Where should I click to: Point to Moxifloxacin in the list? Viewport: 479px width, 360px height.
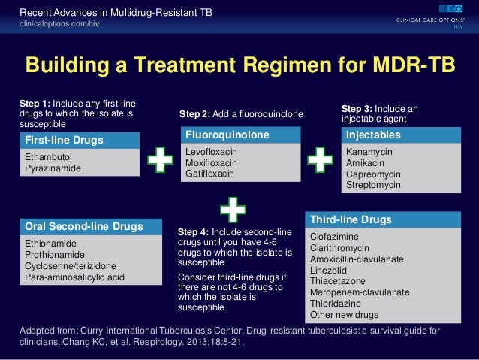tap(211, 162)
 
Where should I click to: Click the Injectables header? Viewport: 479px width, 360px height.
tap(373, 135)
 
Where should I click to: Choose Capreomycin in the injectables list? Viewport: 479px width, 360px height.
tap(374, 174)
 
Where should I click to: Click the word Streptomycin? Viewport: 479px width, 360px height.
tap(375, 185)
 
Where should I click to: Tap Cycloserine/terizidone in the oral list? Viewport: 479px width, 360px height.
tap(71, 266)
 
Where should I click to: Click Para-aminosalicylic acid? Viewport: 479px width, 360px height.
tap(75, 277)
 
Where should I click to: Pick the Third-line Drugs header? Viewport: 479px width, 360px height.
tap(351, 220)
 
